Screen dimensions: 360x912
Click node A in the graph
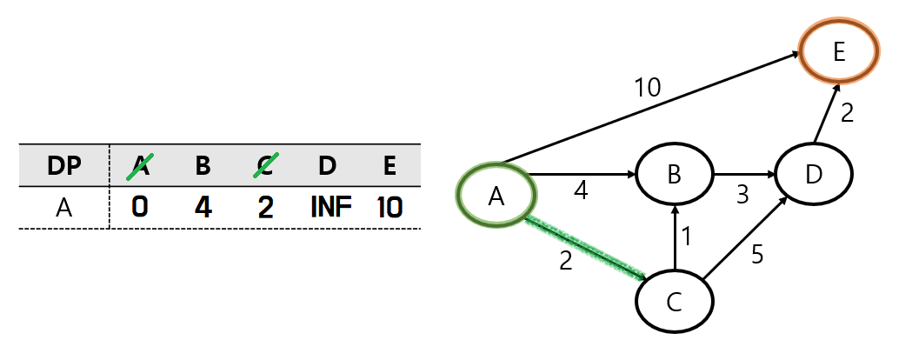(x=496, y=197)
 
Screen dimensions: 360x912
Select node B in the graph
(x=674, y=176)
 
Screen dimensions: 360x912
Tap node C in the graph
(x=674, y=302)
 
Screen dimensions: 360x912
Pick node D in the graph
(x=814, y=176)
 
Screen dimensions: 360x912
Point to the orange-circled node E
(x=839, y=51)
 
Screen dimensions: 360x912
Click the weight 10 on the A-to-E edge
(x=647, y=87)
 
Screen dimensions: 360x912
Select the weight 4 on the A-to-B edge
(x=581, y=191)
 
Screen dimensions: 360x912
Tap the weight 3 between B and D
(x=742, y=194)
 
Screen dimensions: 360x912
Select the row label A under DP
(x=63, y=209)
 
